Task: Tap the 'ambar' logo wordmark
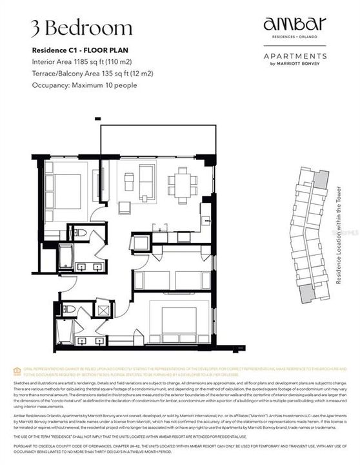click(295, 25)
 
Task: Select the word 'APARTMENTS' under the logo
click(295, 56)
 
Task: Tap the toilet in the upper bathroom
click(75, 232)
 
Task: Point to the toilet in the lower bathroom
click(68, 308)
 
